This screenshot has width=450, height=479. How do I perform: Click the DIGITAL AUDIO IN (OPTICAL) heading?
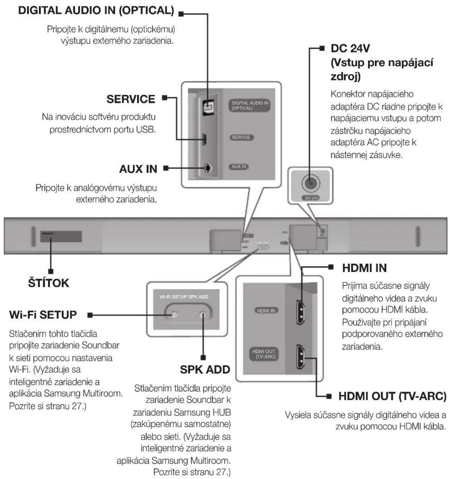coord(96,10)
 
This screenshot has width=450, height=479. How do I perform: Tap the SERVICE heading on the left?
coord(131,99)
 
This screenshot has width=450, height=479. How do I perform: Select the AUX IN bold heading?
coord(138,169)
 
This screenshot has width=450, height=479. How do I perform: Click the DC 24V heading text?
coord(350,48)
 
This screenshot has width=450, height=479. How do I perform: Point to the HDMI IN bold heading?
coord(364,268)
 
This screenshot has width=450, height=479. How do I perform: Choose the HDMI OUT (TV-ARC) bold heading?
coord(392,396)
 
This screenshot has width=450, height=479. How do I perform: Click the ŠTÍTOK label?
coord(49,283)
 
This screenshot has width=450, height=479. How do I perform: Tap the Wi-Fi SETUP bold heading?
coord(43,315)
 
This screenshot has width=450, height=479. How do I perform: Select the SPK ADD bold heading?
coord(205,369)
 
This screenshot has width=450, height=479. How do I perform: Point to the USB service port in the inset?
coord(204,139)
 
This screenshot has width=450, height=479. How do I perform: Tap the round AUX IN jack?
coord(208,168)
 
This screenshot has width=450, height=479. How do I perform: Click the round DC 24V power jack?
coord(310,183)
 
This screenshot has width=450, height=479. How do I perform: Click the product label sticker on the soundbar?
coord(61,236)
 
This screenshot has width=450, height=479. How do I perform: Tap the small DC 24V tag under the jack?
coord(311,198)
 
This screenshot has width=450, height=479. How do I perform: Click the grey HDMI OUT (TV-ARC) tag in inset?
coord(264,354)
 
